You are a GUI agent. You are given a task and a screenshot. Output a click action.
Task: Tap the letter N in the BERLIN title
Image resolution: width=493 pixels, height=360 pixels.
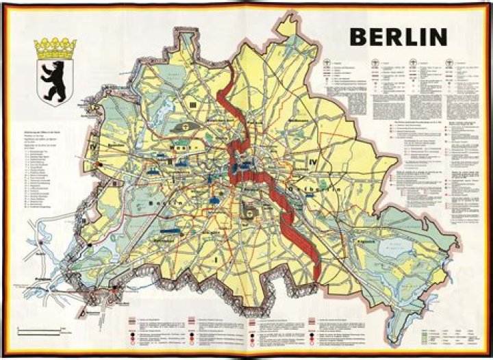(438, 36)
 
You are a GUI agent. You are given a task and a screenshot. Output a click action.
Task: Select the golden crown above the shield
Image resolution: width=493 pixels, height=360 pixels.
(55, 48)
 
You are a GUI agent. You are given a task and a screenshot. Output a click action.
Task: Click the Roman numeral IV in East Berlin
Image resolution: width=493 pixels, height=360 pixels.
(313, 162)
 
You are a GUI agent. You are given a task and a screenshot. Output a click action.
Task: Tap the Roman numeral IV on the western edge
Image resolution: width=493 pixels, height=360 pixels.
(95, 146)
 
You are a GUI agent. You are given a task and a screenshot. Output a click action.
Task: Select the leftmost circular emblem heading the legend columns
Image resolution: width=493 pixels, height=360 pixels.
(328, 62)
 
